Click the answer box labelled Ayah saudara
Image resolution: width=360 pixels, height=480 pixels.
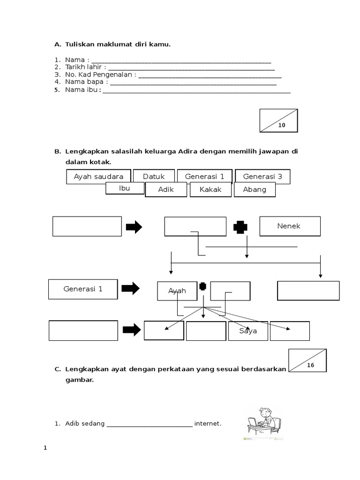coord(98,177)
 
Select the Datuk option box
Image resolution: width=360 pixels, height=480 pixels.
coord(154,177)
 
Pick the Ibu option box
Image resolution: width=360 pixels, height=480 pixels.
coord(124,188)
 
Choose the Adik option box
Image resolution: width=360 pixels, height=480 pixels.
coord(166,190)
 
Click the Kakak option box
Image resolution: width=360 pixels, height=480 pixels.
coord(210,190)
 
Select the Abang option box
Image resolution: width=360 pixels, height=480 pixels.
coord(255,190)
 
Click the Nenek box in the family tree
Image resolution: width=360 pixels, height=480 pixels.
coord(290,226)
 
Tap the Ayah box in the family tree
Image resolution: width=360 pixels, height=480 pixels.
coord(177,291)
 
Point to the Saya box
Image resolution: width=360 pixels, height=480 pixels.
coord(248,331)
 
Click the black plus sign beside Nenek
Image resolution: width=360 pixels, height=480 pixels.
coord(240,227)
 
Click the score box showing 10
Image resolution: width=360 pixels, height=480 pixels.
coord(279,121)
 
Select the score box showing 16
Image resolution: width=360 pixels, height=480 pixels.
coord(307,360)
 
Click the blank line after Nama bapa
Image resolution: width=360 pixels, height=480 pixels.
coord(193,83)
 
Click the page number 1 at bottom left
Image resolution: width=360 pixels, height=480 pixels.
coord(45,448)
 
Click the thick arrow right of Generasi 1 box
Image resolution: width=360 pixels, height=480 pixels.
coord(131,289)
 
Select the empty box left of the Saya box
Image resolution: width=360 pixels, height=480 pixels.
coord(206,331)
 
